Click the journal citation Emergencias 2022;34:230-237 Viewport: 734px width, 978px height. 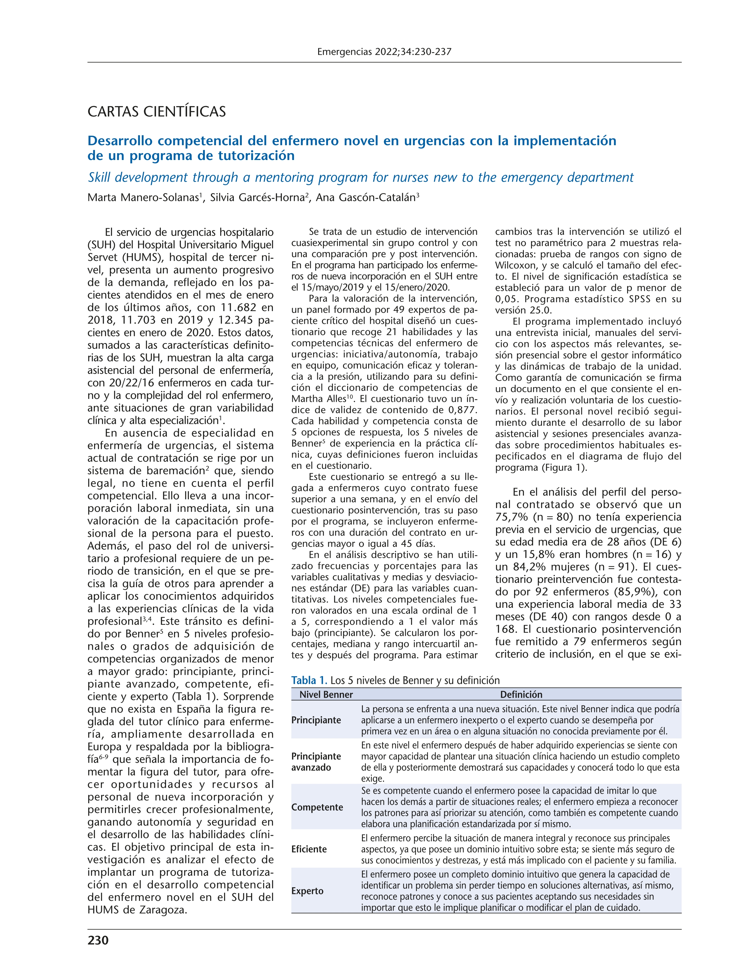pyautogui.click(x=384, y=52)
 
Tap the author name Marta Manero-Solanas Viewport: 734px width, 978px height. pyautogui.click(x=143, y=198)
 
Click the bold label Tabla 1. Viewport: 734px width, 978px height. pyautogui.click(x=309, y=680)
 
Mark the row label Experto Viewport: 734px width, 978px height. pyautogui.click(x=307, y=891)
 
